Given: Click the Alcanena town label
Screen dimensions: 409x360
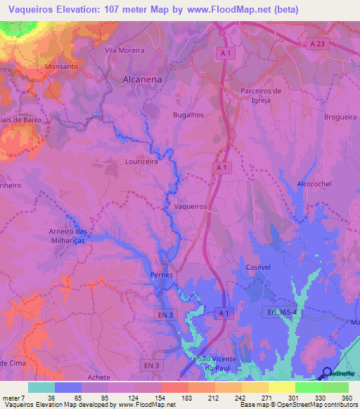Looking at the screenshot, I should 142,79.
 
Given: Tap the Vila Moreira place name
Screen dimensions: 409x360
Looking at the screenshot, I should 124,51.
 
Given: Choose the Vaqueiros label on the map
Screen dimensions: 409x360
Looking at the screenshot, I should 190,207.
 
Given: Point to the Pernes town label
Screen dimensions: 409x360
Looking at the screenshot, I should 162,275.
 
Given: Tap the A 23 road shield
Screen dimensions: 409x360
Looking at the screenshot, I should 317,44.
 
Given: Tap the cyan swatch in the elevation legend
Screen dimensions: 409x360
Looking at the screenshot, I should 41,387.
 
